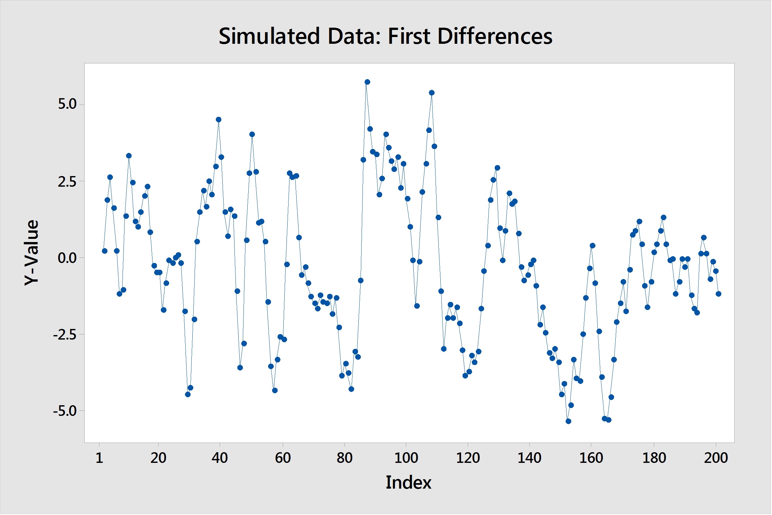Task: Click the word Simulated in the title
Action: point(269,36)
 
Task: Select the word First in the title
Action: point(409,36)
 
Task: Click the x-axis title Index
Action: point(409,482)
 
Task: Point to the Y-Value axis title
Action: point(32,253)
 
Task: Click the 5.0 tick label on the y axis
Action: point(67,104)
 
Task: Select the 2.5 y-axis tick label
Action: point(67,181)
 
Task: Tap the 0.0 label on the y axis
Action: point(67,258)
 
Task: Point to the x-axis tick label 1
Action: point(99,458)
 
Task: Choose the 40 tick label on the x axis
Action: point(220,458)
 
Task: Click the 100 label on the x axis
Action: point(406,458)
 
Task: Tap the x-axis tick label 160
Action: point(592,458)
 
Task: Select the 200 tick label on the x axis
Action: point(716,458)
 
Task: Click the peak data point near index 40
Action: point(219,119)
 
